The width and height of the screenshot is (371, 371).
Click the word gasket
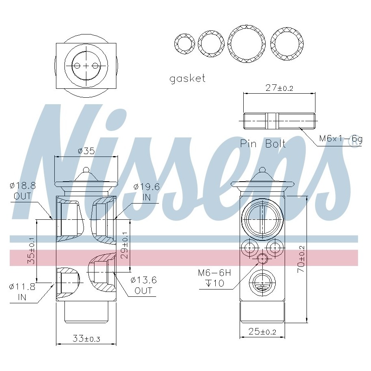point(187,79)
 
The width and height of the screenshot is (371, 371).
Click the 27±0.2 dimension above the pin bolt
point(279,88)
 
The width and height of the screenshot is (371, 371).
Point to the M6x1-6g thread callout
point(341,138)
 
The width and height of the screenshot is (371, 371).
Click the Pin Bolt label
point(263,144)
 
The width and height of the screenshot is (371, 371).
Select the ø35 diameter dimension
point(86,151)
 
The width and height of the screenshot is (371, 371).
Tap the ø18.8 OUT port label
point(23,191)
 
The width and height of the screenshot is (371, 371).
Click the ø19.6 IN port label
point(146,192)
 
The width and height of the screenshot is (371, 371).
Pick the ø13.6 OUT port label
point(144,285)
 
